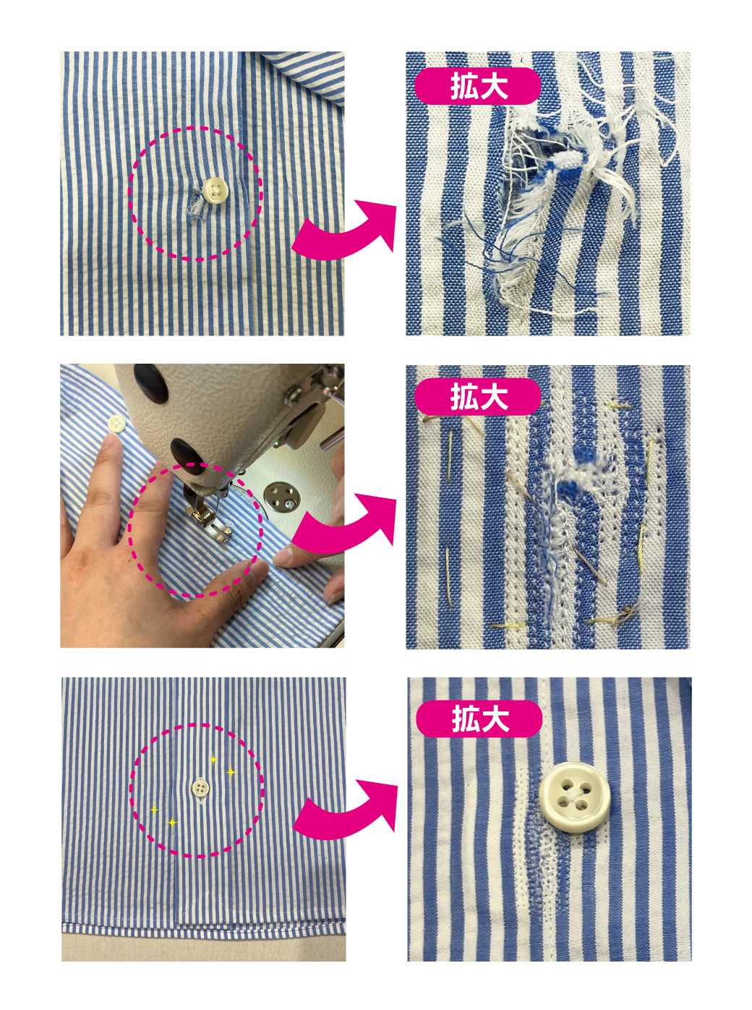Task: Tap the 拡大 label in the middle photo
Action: coord(478,397)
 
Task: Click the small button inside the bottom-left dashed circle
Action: coord(200,787)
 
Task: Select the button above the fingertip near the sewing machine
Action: coord(116,423)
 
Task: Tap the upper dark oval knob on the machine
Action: coord(151,383)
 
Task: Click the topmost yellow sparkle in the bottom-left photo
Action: coord(213,760)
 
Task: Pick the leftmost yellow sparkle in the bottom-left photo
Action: coord(155,810)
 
